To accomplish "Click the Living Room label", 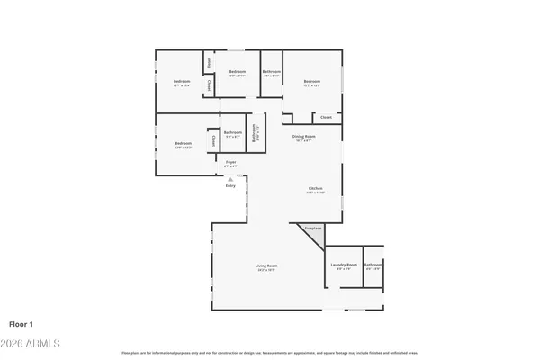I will click(x=266, y=265).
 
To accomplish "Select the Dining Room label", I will click(x=302, y=136).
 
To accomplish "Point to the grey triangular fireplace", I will click(x=311, y=231).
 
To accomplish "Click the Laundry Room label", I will click(x=343, y=265).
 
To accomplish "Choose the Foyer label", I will click(x=230, y=162).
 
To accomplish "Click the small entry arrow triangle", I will click(x=230, y=178).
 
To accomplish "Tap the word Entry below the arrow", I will click(x=230, y=185).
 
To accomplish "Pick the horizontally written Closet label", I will click(x=326, y=118).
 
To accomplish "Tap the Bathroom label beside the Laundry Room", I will click(x=373, y=265).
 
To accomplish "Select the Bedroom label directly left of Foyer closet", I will click(x=184, y=144).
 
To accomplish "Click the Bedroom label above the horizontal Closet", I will click(x=311, y=82).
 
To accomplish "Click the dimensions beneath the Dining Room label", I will click(x=302, y=140).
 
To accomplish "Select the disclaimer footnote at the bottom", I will click(x=270, y=352).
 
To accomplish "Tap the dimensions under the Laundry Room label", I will click(x=343, y=269).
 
